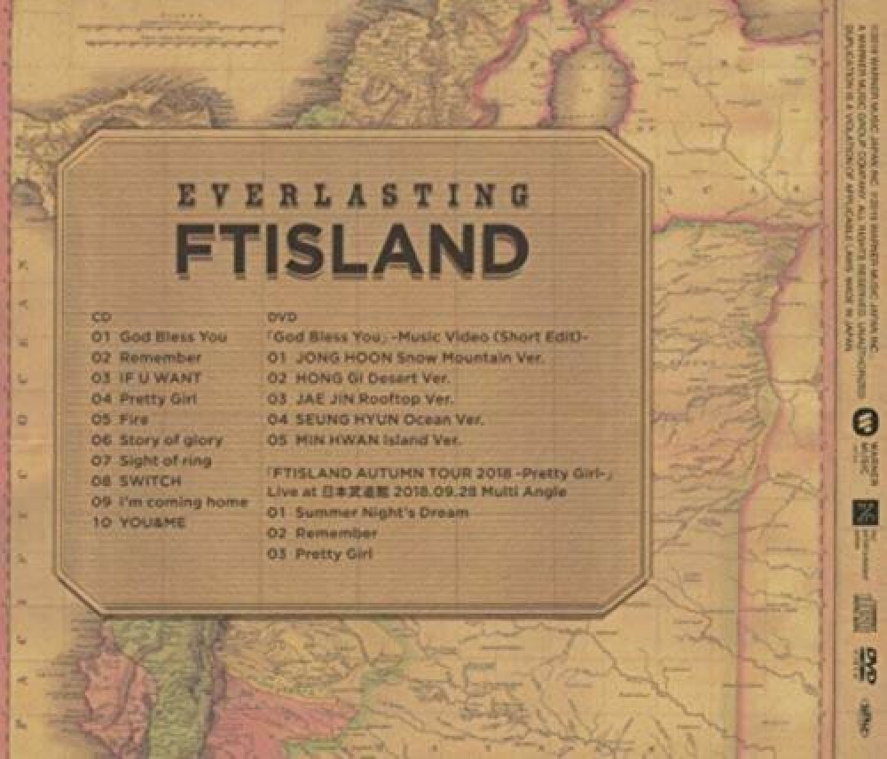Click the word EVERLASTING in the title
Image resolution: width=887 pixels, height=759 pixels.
[354, 195]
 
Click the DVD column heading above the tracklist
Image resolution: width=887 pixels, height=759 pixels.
[279, 317]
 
